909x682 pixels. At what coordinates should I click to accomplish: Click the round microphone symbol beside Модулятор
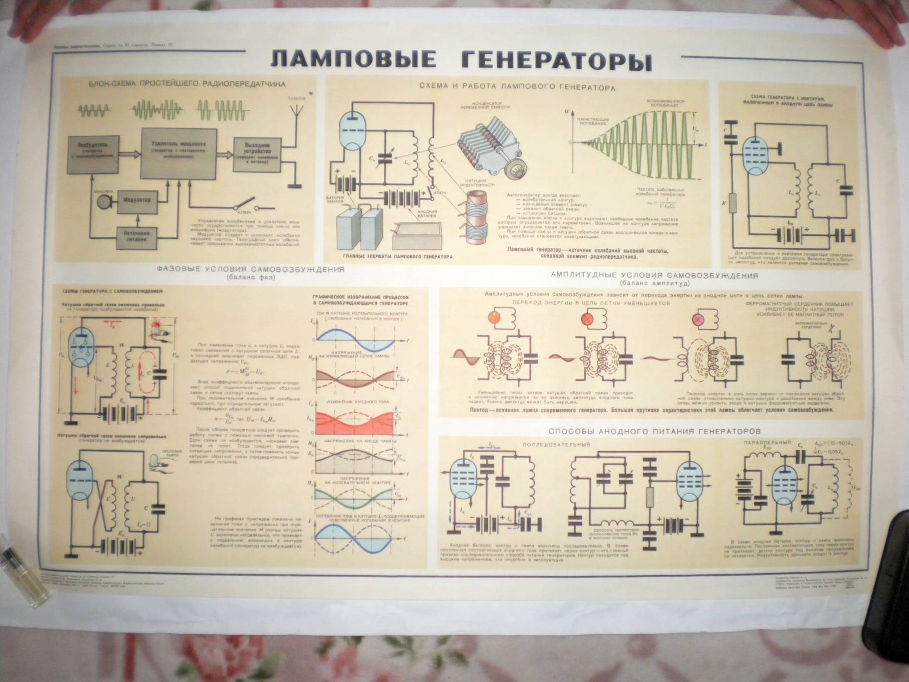[104, 201]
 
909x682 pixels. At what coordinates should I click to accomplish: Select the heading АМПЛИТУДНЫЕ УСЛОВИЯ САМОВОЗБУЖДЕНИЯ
[655, 275]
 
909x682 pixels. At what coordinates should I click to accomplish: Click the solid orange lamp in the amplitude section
[494, 317]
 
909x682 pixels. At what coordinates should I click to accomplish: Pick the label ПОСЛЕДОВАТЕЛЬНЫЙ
[556, 444]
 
